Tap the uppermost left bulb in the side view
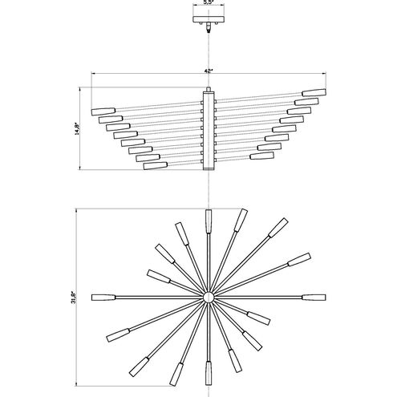pyautogui.click(x=103, y=108)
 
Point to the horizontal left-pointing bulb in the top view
pyautogui.click(x=103, y=298)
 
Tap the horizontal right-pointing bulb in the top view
pyautogui.click(x=314, y=298)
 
